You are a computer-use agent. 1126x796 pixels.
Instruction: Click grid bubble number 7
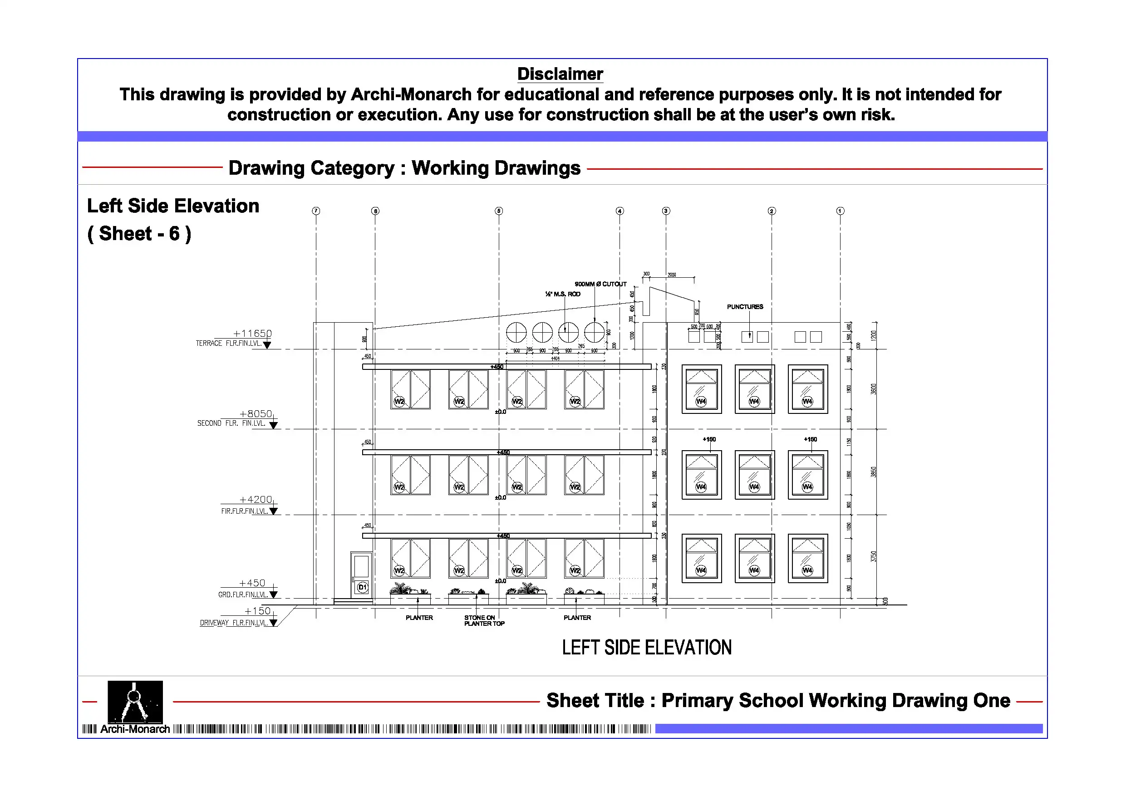coord(316,211)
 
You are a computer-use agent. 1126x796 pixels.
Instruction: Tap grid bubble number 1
coord(840,211)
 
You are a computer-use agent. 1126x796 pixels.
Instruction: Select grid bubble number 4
coord(620,211)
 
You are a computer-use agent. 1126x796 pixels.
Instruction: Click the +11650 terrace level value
coord(252,334)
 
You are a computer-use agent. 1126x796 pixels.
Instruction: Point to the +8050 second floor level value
coord(256,414)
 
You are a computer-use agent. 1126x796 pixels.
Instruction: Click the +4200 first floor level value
coord(256,499)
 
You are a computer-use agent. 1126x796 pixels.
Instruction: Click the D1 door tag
coord(363,587)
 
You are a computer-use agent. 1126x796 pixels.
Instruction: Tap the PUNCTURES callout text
coord(745,306)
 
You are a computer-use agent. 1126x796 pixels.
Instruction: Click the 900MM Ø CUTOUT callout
coord(600,284)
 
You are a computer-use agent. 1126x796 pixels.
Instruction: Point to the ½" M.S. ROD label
coord(562,294)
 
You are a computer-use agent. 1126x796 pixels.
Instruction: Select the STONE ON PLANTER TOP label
coord(483,620)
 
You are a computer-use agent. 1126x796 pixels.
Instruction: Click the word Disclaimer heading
coord(560,74)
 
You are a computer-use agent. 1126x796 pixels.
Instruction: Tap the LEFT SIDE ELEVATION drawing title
coord(646,648)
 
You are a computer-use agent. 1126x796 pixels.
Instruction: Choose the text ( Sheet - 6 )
coord(139,233)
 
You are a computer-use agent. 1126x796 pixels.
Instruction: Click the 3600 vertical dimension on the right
coord(874,389)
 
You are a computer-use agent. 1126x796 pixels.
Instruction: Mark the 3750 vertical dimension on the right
coord(874,557)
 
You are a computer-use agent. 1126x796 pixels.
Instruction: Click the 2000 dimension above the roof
coord(672,275)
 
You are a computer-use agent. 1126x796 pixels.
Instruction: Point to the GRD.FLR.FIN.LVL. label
coord(243,595)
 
